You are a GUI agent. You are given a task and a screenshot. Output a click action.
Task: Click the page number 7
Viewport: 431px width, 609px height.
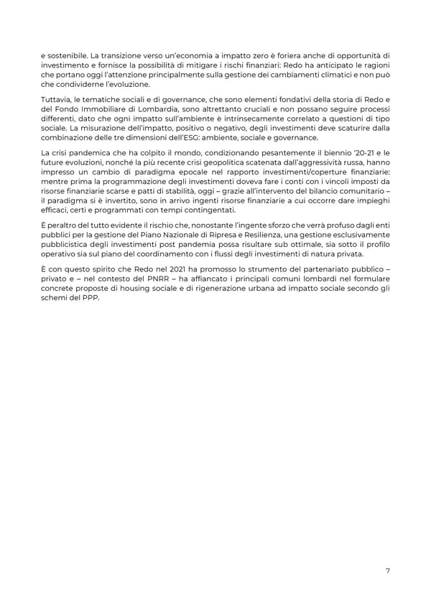tap(387, 570)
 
